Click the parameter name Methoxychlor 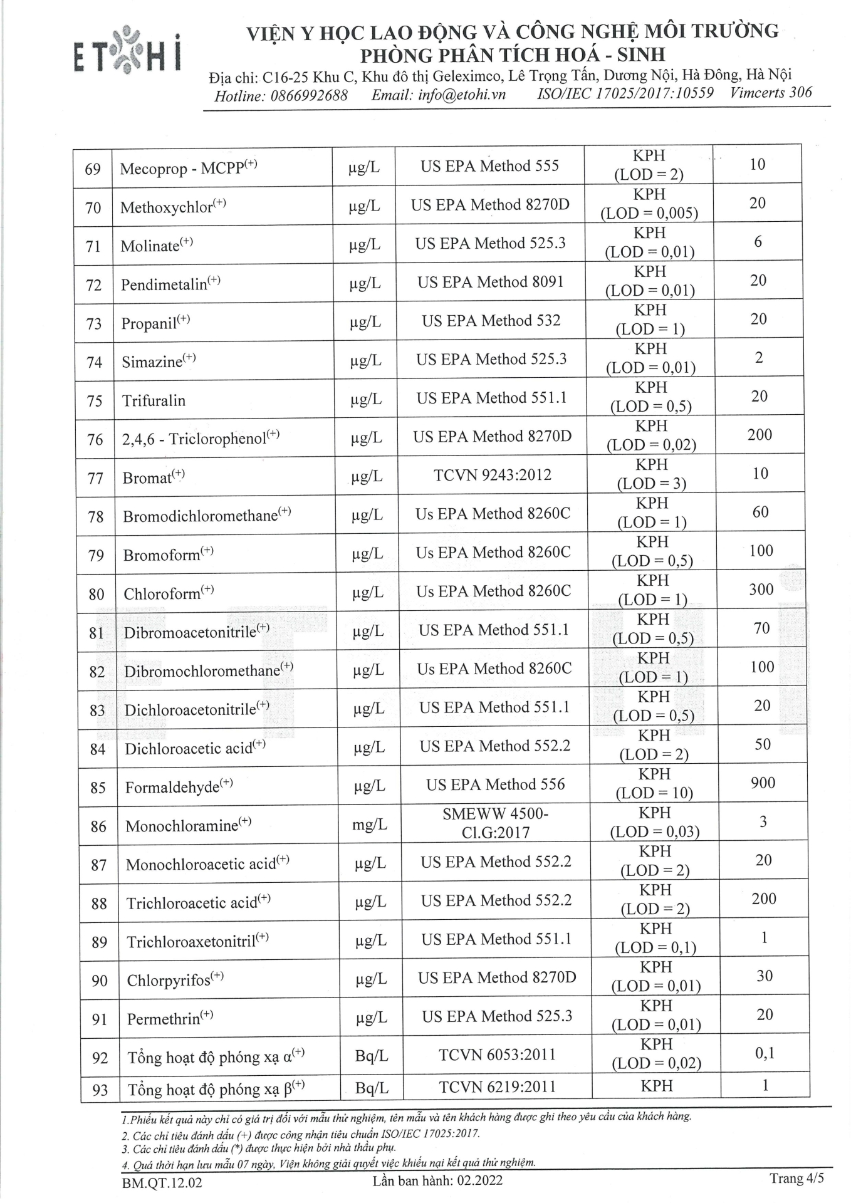click(x=167, y=207)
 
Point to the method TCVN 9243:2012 click(x=493, y=475)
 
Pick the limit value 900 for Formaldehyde click(x=763, y=783)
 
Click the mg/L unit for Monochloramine click(x=370, y=825)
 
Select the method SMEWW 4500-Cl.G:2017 click(x=495, y=823)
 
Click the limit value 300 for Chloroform click(x=761, y=590)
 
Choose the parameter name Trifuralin click(x=154, y=401)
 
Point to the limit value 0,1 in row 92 click(x=765, y=1053)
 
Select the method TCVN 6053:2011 click(x=497, y=1055)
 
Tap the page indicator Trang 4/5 click(x=796, y=1179)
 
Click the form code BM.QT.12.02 click(x=162, y=1183)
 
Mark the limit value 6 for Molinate click(x=758, y=242)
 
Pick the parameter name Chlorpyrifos click(x=169, y=981)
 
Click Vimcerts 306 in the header click(x=770, y=93)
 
